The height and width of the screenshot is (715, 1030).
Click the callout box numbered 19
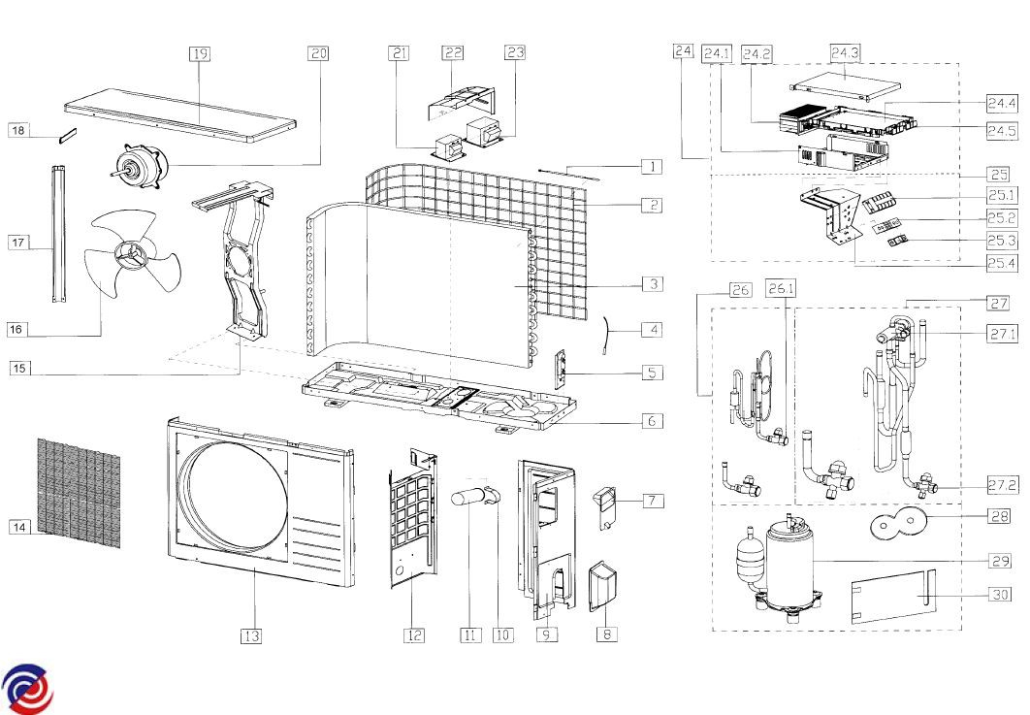point(200,54)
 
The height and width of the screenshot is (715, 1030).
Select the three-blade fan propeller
point(131,257)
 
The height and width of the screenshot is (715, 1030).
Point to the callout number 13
point(251,635)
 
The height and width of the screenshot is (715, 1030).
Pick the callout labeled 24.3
point(845,54)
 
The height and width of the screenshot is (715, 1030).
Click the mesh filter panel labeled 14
point(80,491)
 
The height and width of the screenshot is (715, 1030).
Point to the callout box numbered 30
point(1003,595)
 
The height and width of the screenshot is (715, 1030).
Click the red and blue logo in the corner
point(27,689)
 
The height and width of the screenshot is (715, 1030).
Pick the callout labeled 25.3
point(1003,241)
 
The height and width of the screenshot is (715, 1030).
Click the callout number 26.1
point(781,288)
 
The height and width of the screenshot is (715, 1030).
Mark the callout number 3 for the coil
point(653,284)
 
